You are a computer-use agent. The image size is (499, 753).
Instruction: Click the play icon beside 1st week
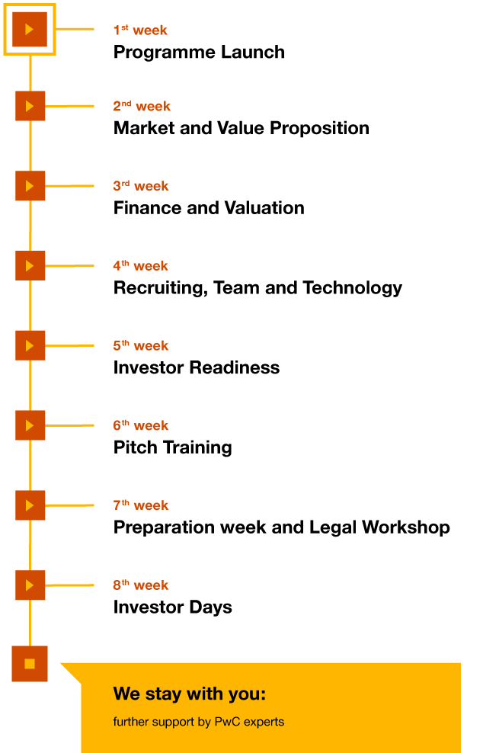[30, 29]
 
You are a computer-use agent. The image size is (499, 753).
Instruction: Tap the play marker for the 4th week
[30, 265]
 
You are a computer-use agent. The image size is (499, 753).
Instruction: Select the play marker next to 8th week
[30, 585]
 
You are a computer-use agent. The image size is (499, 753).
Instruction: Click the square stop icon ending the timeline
[30, 664]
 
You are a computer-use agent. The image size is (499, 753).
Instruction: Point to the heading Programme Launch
[199, 53]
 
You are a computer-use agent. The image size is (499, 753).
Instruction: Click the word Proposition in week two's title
[319, 128]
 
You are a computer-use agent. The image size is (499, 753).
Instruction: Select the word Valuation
[264, 208]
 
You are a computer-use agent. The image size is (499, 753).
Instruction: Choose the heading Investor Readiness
[197, 368]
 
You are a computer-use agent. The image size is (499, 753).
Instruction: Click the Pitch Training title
[173, 447]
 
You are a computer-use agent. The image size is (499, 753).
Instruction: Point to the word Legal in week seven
[333, 527]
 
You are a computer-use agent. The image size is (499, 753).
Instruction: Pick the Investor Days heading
[173, 607]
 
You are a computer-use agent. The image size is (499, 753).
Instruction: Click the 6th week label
[141, 425]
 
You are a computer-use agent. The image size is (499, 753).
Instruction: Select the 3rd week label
[141, 185]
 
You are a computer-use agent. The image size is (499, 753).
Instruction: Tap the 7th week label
[141, 505]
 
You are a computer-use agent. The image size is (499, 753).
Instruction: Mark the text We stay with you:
[190, 694]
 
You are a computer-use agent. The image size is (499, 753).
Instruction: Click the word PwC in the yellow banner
[228, 722]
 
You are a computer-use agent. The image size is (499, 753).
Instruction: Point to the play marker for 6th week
[30, 425]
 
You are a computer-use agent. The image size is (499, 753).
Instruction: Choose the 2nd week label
[142, 106]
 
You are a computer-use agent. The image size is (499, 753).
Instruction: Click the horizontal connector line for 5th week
[69, 345]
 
